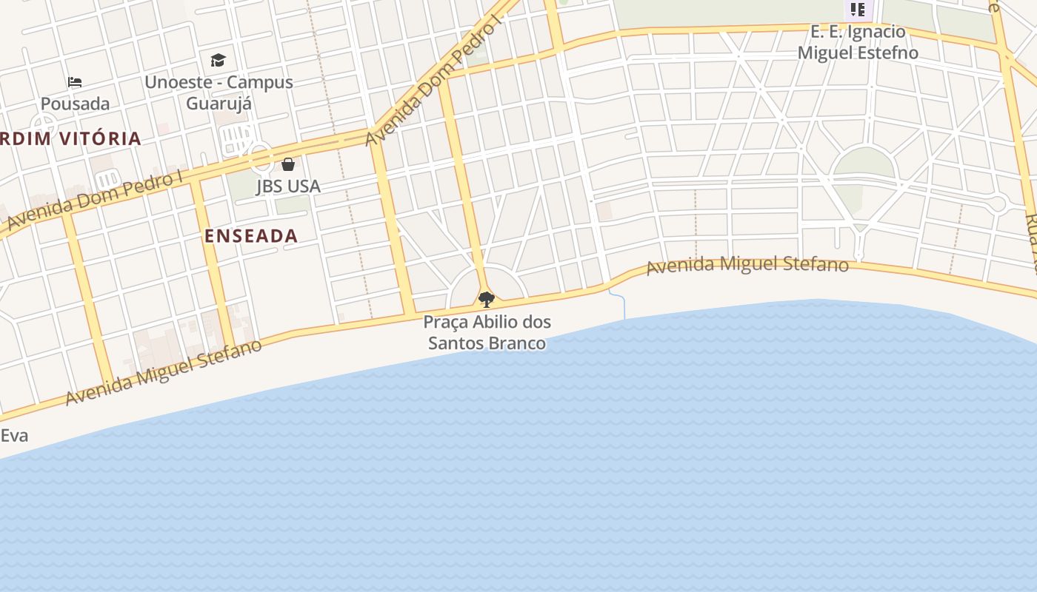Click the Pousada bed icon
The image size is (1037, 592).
[75, 81]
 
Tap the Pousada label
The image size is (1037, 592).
[75, 104]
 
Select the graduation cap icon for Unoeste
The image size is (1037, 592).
[218, 60]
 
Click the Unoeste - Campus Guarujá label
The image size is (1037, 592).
[219, 92]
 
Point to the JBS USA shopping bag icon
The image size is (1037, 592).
[288, 164]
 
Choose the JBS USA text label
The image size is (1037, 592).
[288, 186]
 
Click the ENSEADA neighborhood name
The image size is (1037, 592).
[251, 236]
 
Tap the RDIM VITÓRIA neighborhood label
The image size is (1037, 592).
[70, 138]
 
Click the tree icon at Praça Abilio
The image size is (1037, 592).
[487, 299]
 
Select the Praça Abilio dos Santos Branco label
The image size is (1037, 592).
[487, 332]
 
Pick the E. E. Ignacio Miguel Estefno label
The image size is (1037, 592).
[858, 42]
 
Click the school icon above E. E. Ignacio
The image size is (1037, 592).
[858, 10]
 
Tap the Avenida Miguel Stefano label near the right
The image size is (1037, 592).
[747, 265]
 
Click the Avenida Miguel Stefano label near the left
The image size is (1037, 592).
[164, 372]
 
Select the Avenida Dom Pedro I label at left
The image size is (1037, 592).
[95, 200]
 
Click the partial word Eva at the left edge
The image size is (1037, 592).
[14, 435]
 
